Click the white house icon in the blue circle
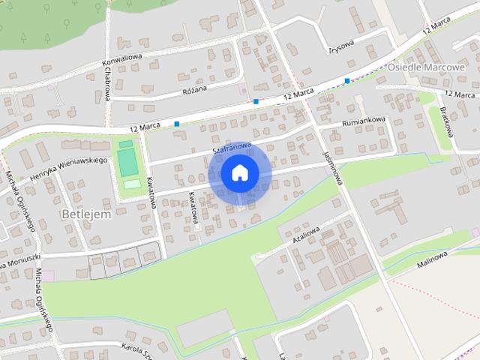pyautogui.click(x=239, y=172)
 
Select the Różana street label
pyautogui.click(x=194, y=87)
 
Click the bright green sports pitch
pyautogui.click(x=128, y=160)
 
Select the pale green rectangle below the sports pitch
pyautogui.click(x=131, y=183)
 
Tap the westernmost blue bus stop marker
pyautogui.click(x=176, y=124)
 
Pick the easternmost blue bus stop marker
pyautogui.click(x=346, y=80)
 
